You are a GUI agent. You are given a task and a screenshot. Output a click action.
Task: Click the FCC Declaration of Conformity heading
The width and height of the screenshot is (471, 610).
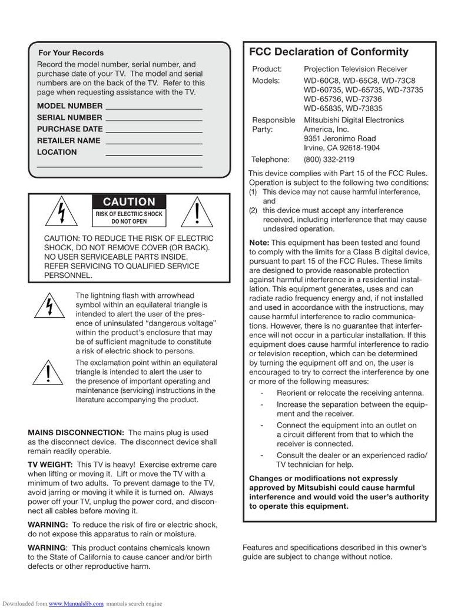tap(329, 52)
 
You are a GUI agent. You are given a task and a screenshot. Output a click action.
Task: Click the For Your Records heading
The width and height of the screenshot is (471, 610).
tap(71, 52)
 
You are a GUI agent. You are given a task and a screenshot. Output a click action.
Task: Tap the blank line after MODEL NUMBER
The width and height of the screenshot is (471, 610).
tap(153, 107)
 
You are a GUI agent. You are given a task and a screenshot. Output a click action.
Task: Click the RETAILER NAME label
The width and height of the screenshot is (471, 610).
tap(68, 141)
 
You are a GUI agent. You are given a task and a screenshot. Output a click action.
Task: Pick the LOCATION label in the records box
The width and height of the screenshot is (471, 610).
tap(57, 152)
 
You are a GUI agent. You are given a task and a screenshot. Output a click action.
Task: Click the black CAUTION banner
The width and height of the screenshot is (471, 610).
tap(129, 202)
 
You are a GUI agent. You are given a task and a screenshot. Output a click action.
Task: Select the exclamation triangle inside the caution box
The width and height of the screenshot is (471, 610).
tap(195, 211)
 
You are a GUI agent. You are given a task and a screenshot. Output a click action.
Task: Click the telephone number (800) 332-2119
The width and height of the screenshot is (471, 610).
tap(329, 159)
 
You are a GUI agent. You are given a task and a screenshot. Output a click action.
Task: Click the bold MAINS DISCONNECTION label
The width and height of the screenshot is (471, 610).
tap(76, 433)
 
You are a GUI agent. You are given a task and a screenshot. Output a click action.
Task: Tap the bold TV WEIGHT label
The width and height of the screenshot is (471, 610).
tap(50, 465)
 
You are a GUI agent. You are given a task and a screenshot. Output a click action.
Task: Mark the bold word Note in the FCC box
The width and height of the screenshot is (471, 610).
tap(258, 243)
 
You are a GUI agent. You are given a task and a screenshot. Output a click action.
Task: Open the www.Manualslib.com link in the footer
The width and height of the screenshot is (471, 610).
tap(76, 604)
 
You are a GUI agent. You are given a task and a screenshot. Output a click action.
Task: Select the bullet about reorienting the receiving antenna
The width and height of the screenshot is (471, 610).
tap(350, 393)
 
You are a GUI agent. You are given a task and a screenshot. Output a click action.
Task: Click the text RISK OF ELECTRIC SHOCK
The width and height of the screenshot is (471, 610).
tap(129, 214)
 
